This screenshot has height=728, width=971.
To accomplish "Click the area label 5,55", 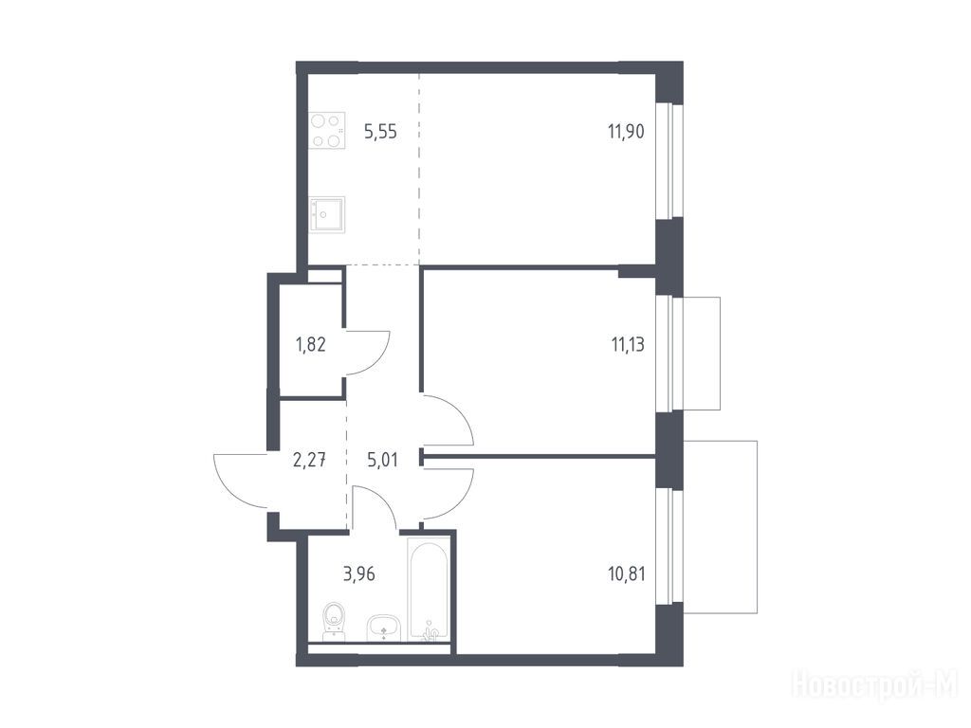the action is point(380,132).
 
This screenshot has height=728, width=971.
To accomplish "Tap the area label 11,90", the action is point(626,131).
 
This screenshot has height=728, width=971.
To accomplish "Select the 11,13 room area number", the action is point(628,344).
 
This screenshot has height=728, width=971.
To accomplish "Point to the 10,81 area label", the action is point(627,573).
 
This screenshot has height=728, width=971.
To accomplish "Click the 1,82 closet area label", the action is point(311,344).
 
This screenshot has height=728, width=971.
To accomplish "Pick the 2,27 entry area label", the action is point(309,460).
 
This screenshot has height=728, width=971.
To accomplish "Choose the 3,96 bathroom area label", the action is point(359,573).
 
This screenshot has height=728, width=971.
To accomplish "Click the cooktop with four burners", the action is point(327,131).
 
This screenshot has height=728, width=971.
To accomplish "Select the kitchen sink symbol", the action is point(327,215).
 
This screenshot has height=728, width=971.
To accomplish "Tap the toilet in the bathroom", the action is point(334,621).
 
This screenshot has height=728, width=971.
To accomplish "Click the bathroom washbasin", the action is point(385,628).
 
